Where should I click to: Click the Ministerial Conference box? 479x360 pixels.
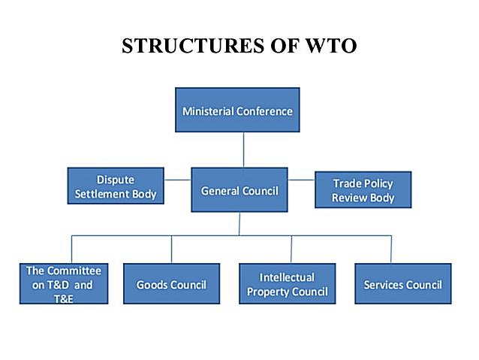click(x=237, y=111)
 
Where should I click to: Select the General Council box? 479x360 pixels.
click(x=239, y=190)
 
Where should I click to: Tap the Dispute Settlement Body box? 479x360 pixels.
click(x=116, y=186)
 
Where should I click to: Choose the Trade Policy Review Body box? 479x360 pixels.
click(x=363, y=190)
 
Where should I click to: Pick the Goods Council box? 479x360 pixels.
click(x=171, y=284)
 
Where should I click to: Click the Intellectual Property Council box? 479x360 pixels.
click(x=287, y=284)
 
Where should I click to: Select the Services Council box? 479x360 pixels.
click(x=402, y=284)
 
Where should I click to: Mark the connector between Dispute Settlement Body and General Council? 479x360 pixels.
click(x=177, y=180)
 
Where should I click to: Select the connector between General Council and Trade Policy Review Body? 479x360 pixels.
click(x=301, y=180)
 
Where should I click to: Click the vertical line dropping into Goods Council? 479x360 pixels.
click(x=171, y=249)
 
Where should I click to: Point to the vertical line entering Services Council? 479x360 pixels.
click(x=391, y=249)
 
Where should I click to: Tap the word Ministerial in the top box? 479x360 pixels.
click(x=207, y=111)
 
